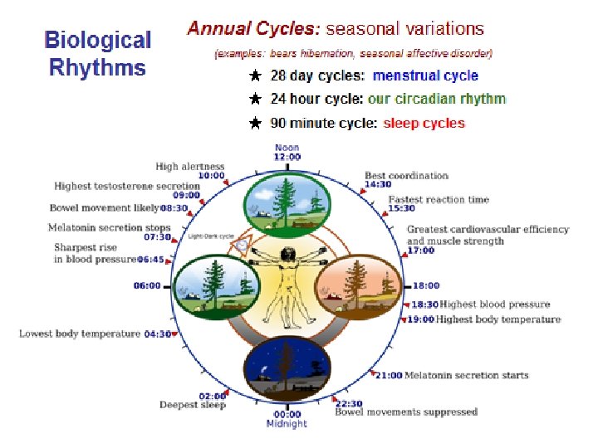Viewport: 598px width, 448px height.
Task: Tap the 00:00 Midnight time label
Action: [x=287, y=415]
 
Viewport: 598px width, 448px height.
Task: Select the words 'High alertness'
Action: [x=190, y=166]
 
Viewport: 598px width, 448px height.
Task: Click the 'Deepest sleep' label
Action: [x=193, y=405]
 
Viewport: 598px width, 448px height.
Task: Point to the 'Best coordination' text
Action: [x=406, y=175]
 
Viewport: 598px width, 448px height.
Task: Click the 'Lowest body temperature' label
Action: [x=80, y=334]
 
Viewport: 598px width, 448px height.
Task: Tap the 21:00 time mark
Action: [x=389, y=376]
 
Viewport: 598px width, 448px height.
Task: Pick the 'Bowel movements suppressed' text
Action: [x=406, y=411]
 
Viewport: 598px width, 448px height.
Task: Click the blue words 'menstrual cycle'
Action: [x=425, y=75]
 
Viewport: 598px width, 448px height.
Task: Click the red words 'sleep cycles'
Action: [x=424, y=124]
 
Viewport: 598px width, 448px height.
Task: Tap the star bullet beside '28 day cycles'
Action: [x=256, y=75]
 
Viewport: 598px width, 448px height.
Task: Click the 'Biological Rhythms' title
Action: [x=97, y=53]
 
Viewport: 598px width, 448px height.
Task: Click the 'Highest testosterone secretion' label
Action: [x=127, y=187]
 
